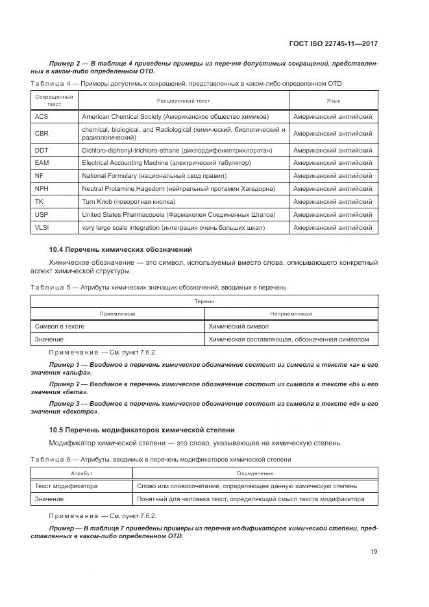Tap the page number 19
[x=373, y=552]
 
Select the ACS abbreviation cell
[x=42, y=117]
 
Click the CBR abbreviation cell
[x=42, y=133]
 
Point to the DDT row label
[x=42, y=150]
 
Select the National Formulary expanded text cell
[x=154, y=176]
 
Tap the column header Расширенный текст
[x=183, y=101]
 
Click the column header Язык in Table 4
[x=334, y=101]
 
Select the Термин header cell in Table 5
[x=204, y=302]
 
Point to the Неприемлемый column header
[x=291, y=314]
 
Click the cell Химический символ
[x=238, y=327]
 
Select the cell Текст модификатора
[x=66, y=486]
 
